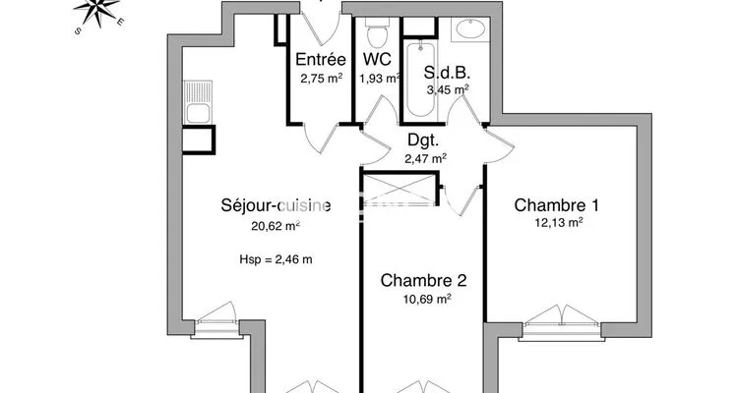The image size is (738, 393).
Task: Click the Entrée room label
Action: (321, 60)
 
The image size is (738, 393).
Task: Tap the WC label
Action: (377, 59)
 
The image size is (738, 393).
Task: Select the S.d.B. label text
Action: (447, 73)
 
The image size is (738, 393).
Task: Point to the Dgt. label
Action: (423, 140)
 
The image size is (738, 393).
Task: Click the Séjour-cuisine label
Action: (276, 205)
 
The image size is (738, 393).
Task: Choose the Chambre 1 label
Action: (556, 205)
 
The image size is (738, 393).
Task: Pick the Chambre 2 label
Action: (423, 281)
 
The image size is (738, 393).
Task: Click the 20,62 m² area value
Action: (276, 226)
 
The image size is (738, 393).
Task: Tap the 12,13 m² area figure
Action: (559, 222)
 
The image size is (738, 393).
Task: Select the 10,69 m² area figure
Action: (427, 299)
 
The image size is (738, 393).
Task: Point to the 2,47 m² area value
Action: (426, 159)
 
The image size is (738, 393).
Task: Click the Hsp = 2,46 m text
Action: (276, 259)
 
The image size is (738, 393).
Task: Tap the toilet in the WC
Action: (377, 32)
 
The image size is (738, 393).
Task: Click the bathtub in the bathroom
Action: (420, 78)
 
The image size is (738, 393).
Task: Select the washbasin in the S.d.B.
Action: (470, 29)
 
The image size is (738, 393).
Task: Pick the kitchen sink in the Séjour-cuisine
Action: (198, 102)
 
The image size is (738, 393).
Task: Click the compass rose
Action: (97, 12)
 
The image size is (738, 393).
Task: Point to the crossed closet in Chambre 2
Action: (400, 190)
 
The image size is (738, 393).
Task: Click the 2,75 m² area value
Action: (322, 78)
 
